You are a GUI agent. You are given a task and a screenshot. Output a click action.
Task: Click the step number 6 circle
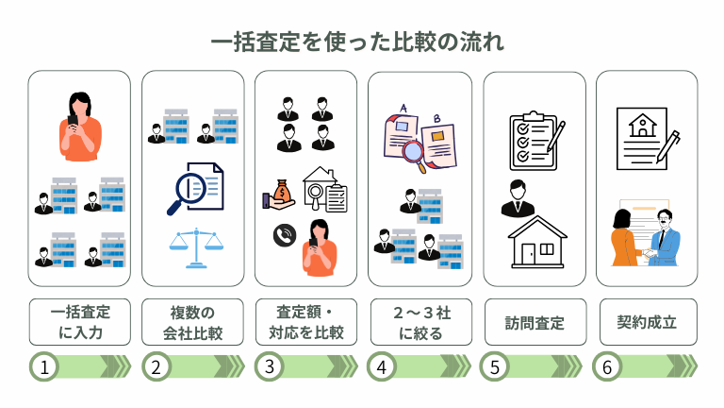coord(606,366)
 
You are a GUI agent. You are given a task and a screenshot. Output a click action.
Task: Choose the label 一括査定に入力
coord(78,322)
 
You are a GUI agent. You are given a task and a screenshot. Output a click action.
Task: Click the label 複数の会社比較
coord(192,322)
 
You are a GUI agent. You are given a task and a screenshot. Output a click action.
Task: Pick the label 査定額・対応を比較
coord(305,322)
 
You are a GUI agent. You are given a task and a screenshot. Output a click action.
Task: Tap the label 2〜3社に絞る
coord(420,322)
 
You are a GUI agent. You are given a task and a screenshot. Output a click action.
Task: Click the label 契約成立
coord(647,322)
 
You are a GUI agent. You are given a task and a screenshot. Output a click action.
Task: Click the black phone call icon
coord(283,235)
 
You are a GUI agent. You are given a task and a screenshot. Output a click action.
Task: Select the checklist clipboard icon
coord(534,141)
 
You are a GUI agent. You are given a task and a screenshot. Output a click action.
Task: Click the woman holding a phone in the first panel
coord(79,123)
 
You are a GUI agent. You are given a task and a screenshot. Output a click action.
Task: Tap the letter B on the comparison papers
coord(436,119)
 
